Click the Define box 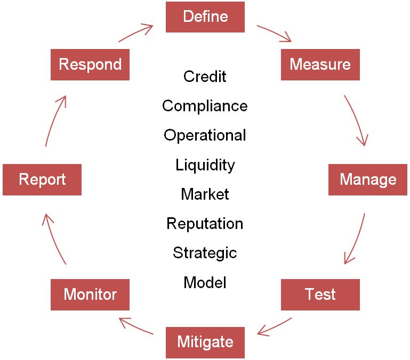pyautogui.click(x=205, y=17)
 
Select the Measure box pyautogui.click(x=320, y=65)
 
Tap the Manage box pyautogui.click(x=368, y=179)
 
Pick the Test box pyautogui.click(x=320, y=294)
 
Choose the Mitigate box pyautogui.click(x=205, y=342)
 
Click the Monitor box pyautogui.click(x=90, y=294)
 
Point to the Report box pyautogui.click(x=42, y=179)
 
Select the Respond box pyautogui.click(x=90, y=65)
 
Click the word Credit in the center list pyautogui.click(x=205, y=77)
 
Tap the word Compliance pyautogui.click(x=205, y=106)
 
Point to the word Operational pyautogui.click(x=205, y=135)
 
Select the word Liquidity pyautogui.click(x=205, y=165)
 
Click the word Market pyautogui.click(x=205, y=194)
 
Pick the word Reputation pyautogui.click(x=205, y=224)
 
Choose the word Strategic pyautogui.click(x=205, y=252)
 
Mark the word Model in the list pyautogui.click(x=205, y=282)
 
